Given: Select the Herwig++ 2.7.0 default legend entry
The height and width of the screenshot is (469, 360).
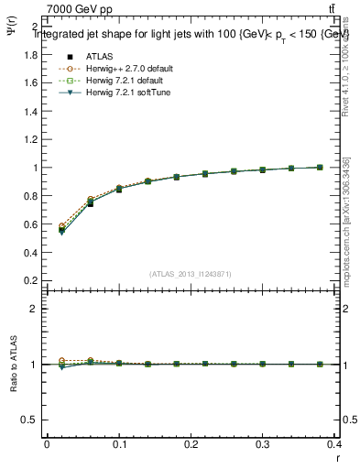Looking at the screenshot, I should [x=125, y=68].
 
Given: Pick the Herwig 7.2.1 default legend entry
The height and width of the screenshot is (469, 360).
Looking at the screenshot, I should [x=123, y=80].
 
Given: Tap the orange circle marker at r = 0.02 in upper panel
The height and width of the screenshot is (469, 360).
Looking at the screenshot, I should [x=61, y=225].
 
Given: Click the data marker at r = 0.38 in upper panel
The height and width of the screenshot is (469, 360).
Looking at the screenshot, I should [x=320, y=167].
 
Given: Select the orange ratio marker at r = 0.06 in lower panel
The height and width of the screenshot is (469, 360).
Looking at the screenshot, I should [x=90, y=360].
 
